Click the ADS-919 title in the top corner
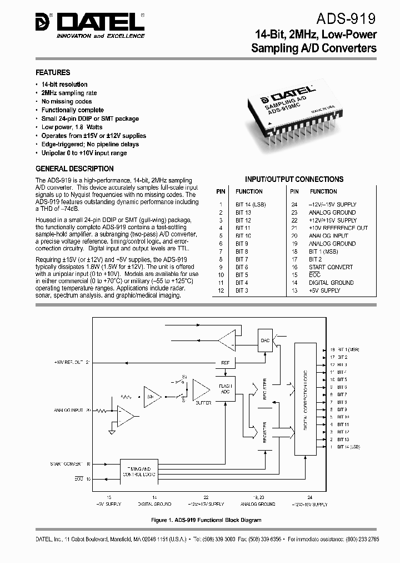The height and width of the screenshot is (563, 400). (348, 19)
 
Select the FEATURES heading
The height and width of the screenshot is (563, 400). (53, 72)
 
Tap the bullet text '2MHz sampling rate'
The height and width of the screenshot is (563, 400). (69, 93)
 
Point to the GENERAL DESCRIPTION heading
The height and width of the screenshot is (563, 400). (74, 169)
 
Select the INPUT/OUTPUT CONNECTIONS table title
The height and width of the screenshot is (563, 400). (294, 179)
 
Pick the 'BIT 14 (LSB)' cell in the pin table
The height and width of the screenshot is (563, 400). (251, 205)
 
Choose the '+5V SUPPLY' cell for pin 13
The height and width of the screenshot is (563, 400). (324, 290)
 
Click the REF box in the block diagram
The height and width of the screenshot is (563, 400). (225, 363)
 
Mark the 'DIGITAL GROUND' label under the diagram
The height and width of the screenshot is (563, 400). (156, 503)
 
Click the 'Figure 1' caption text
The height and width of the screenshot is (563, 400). (206, 520)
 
